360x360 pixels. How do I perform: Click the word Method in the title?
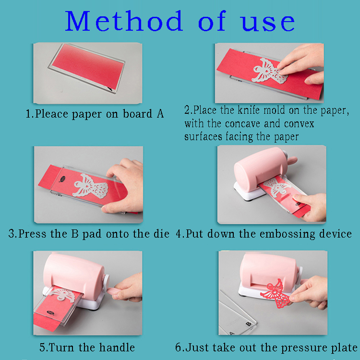tap(124, 22)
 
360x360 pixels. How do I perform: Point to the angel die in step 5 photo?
tap(62, 295)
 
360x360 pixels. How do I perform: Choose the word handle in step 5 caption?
tap(118, 347)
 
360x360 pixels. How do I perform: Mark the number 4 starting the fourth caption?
tap(179, 234)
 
